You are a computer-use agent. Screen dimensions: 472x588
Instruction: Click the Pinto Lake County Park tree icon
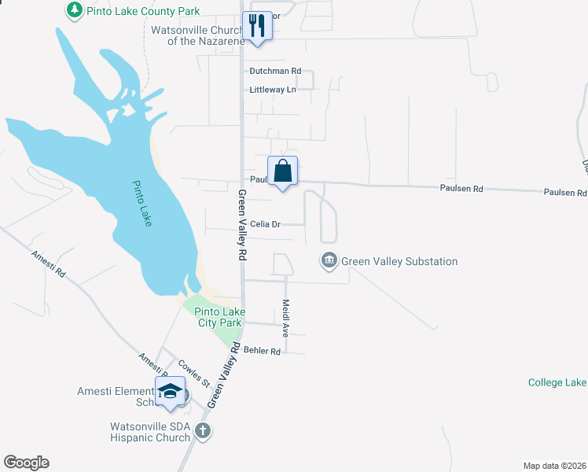tap(74, 10)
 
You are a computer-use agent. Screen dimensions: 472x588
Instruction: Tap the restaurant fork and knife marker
tap(257, 25)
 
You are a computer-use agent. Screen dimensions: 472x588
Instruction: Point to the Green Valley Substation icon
tap(329, 260)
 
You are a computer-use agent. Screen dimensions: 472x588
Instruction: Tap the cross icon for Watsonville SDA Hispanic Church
tap(203, 430)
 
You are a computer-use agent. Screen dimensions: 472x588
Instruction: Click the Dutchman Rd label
tap(275, 71)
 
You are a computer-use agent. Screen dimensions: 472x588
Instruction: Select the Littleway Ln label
tap(273, 90)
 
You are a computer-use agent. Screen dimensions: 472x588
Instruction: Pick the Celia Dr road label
tap(265, 224)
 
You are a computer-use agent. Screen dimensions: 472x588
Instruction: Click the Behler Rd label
tap(262, 351)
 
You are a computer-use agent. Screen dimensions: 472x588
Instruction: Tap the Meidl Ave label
tap(286, 318)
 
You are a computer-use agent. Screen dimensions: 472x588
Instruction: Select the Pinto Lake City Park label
tap(219, 317)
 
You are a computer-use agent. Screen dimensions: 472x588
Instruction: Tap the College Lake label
tap(557, 382)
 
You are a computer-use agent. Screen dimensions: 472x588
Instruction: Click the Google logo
tap(26, 463)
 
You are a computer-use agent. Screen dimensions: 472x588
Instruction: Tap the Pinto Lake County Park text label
tap(143, 12)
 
